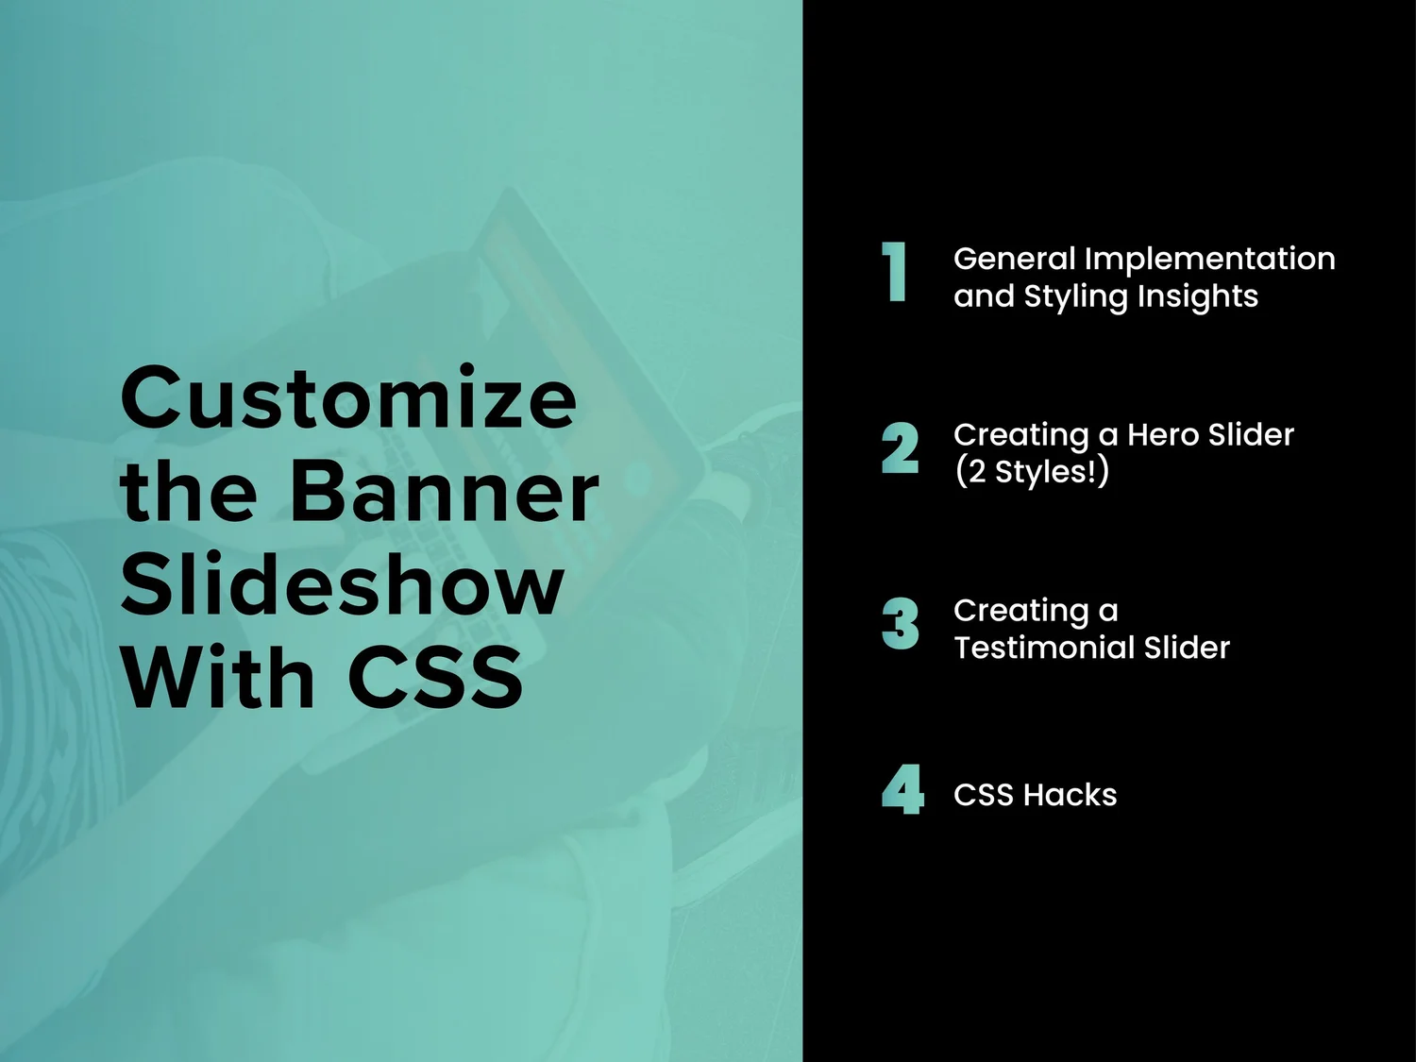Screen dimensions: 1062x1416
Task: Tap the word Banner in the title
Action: [444, 492]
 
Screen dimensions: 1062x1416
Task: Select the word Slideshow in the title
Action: [342, 585]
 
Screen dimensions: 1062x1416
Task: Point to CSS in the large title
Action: [435, 678]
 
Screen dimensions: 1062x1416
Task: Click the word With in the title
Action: [217, 678]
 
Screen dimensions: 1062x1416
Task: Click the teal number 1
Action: [895, 273]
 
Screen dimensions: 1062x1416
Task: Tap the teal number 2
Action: [900, 448]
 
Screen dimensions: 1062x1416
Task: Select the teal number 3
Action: [900, 624]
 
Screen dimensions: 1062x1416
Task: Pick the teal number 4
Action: [902, 789]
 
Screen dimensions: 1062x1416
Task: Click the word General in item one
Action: [1014, 259]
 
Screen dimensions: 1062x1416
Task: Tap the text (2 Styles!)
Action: [1031, 471]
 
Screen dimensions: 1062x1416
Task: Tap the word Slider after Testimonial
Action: [1187, 648]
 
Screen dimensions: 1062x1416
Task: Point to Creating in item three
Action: [1020, 612]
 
